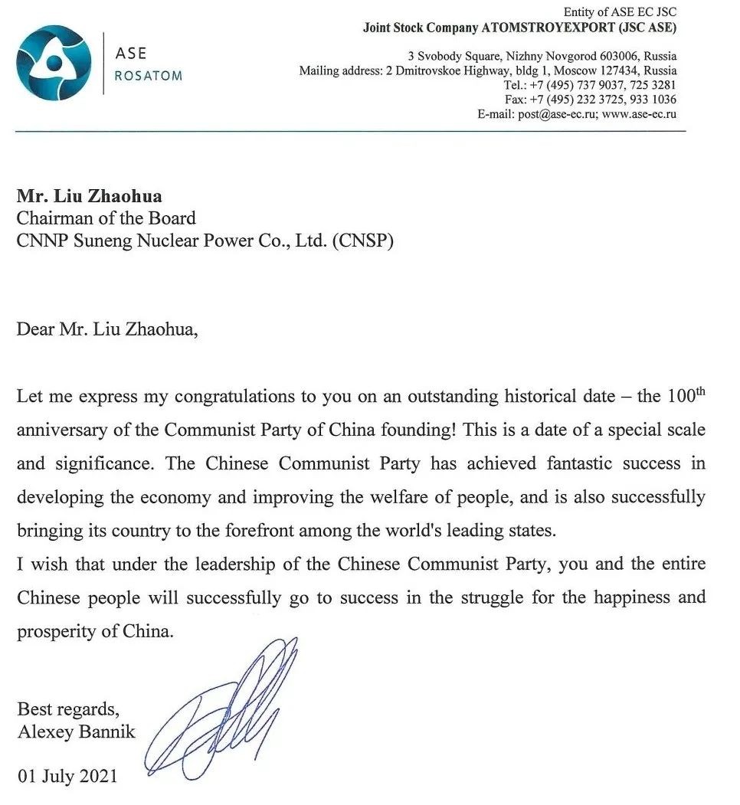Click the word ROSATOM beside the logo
[x=148, y=76]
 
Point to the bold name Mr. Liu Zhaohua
[x=90, y=197]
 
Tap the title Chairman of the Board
[x=106, y=218]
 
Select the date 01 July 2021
[x=67, y=776]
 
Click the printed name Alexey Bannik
[x=76, y=731]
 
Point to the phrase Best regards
[x=68, y=708]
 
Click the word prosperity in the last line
[x=51, y=632]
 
